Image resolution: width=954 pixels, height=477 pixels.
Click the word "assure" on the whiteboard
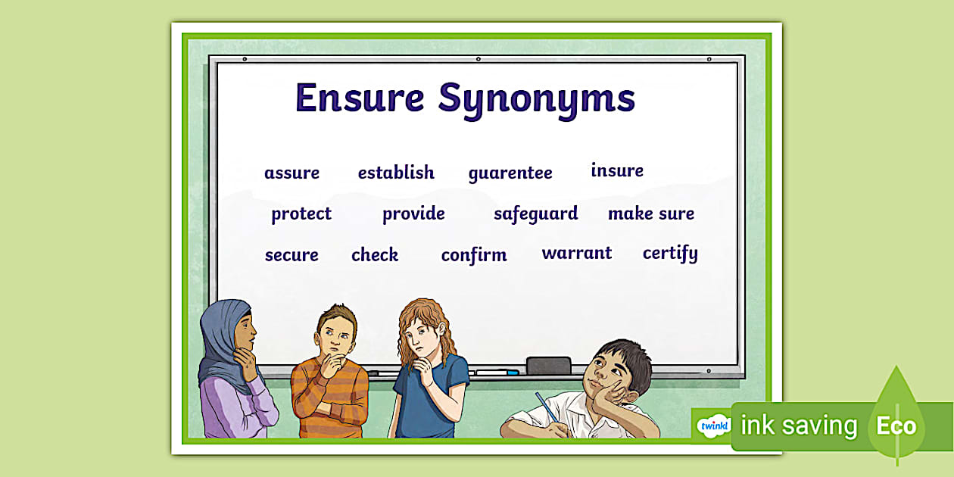click(291, 173)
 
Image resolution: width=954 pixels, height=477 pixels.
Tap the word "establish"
click(396, 173)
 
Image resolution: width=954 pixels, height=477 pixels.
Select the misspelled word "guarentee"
click(510, 173)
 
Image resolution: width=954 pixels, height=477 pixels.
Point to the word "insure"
click(617, 170)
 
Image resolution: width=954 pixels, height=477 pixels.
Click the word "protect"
click(301, 214)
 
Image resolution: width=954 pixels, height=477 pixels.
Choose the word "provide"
click(413, 214)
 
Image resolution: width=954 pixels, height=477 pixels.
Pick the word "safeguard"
click(535, 214)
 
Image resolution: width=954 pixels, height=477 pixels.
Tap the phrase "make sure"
click(651, 214)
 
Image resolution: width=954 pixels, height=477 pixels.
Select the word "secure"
click(291, 255)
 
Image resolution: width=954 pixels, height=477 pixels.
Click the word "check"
click(375, 255)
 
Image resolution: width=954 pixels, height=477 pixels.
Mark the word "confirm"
click(474, 255)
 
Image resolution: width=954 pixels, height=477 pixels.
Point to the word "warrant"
click(577, 253)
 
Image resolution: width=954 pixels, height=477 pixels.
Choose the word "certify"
click(670, 254)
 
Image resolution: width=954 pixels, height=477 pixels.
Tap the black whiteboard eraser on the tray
click(548, 365)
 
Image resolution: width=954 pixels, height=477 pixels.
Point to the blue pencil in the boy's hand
click(546, 409)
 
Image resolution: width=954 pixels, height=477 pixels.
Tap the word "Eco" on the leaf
click(896, 426)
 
